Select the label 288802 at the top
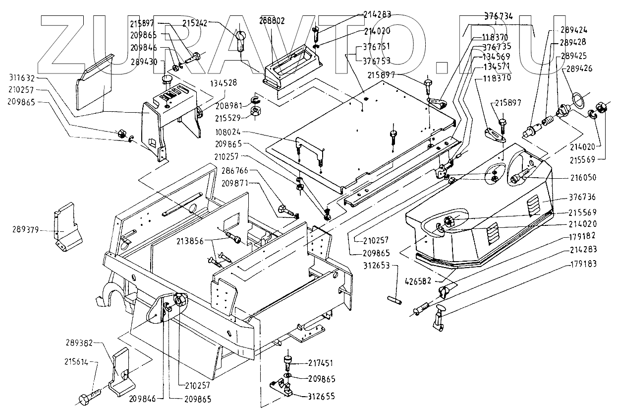tap(272, 21)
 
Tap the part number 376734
tap(499, 16)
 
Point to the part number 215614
tap(75, 362)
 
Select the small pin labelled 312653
tap(394, 299)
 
